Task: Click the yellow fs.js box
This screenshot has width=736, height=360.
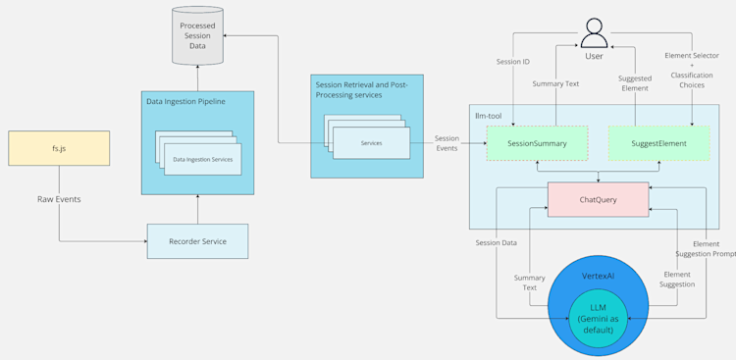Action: tap(59, 148)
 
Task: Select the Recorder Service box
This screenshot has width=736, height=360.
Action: tap(197, 241)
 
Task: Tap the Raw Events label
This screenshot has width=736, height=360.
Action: tap(59, 199)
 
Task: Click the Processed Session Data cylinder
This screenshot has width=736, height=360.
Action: tap(197, 36)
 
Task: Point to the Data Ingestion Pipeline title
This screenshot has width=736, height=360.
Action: tap(185, 101)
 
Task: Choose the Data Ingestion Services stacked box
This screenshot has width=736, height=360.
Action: tap(202, 159)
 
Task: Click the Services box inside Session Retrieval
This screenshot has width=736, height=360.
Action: tap(371, 143)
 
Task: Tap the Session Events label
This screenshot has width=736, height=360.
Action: tap(447, 143)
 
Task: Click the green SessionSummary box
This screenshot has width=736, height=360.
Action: tap(537, 143)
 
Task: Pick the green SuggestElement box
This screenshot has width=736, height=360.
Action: tap(658, 143)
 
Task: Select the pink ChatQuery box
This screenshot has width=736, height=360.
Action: tap(598, 199)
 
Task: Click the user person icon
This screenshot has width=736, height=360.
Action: tap(594, 34)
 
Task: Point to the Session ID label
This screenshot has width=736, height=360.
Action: tap(513, 62)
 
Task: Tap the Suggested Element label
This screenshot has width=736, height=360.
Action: tap(635, 84)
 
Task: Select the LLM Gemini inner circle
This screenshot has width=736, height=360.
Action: tap(598, 318)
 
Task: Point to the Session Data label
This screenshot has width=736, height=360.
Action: tap(497, 242)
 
